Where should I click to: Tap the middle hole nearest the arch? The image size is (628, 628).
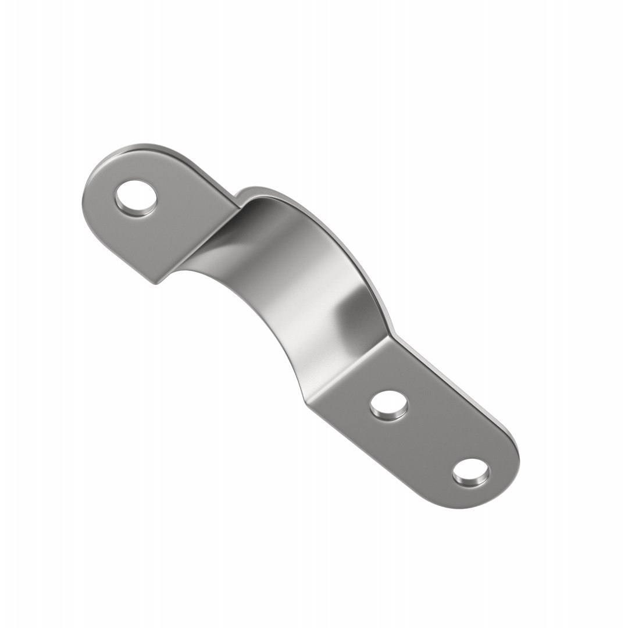pos(389,405)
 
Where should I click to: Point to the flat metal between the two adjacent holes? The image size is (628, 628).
pos(430,437)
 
